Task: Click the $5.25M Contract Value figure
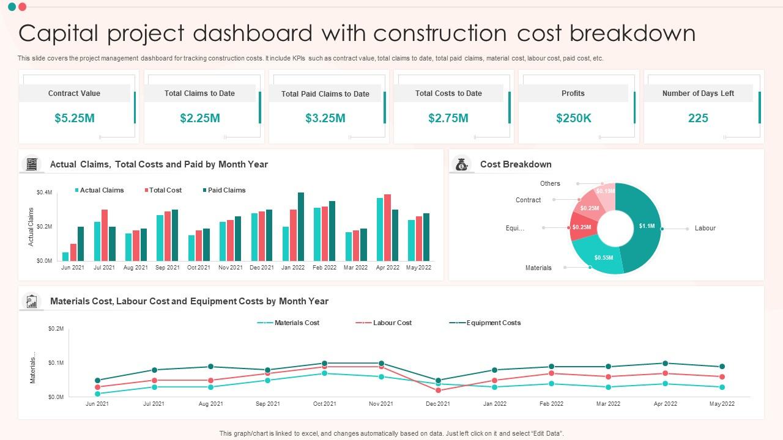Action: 75,118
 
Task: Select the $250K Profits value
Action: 573,118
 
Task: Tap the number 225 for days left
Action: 698,118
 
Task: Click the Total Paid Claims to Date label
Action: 325,94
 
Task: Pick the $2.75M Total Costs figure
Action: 448,118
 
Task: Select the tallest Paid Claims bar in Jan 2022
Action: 300,227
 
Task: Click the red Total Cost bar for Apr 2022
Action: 387,227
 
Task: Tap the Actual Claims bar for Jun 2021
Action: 65,256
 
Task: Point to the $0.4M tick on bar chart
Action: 44,193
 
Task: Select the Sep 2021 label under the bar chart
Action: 168,268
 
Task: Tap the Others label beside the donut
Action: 550,183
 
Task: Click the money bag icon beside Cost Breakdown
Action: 462,164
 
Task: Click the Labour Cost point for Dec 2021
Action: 439,391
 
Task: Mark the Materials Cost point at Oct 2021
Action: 325,373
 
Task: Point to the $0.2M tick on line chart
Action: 56,329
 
